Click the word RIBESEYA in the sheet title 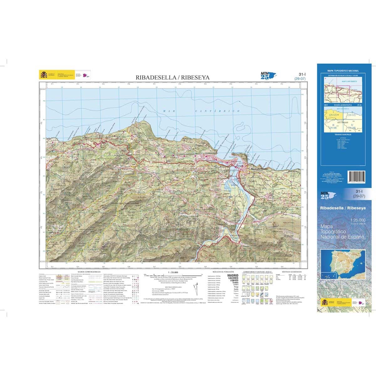(194, 77)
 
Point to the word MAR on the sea (168, 111)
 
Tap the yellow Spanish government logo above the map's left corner (43, 75)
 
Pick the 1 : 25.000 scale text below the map (173, 272)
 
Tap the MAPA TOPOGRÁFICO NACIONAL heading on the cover (343, 71)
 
